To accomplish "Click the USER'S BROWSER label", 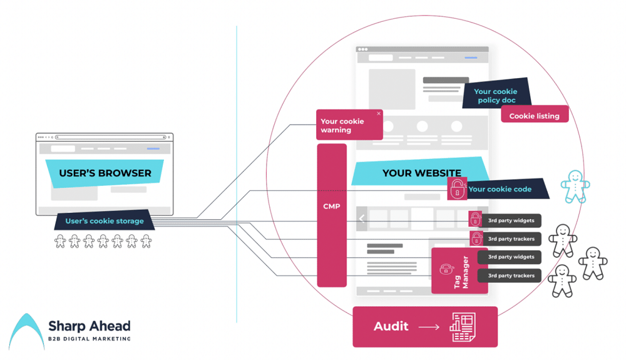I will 105,173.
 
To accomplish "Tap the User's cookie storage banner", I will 105,221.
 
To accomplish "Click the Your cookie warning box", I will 349,125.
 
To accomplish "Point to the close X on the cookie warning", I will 379,114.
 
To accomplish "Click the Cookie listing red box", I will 534,116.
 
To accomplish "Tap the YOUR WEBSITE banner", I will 421,173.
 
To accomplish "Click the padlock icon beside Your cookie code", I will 458,188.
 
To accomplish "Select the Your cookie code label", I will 500,189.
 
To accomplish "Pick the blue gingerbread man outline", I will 575,187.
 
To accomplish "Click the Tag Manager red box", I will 459,271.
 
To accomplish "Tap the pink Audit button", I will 424,326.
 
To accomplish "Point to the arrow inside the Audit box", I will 429,327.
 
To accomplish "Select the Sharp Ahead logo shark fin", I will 25,332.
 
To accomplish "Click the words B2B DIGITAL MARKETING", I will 89,339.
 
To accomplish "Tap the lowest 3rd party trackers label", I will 511,275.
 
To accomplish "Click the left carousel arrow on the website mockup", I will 362,219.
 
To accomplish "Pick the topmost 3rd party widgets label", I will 511,220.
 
